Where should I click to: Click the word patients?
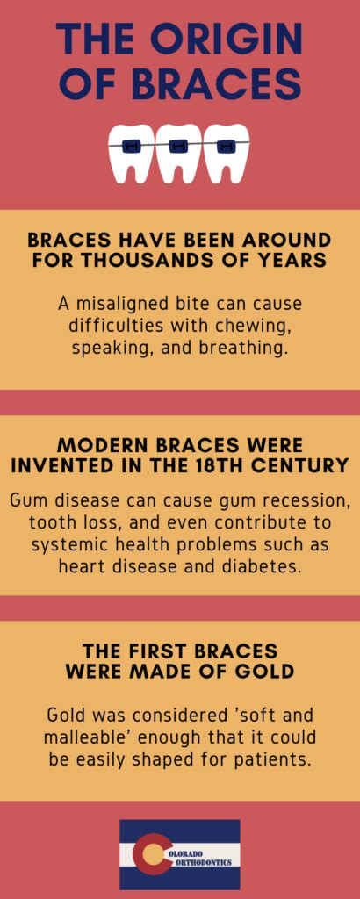(x=268, y=759)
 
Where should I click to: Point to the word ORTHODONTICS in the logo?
(x=200, y=862)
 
